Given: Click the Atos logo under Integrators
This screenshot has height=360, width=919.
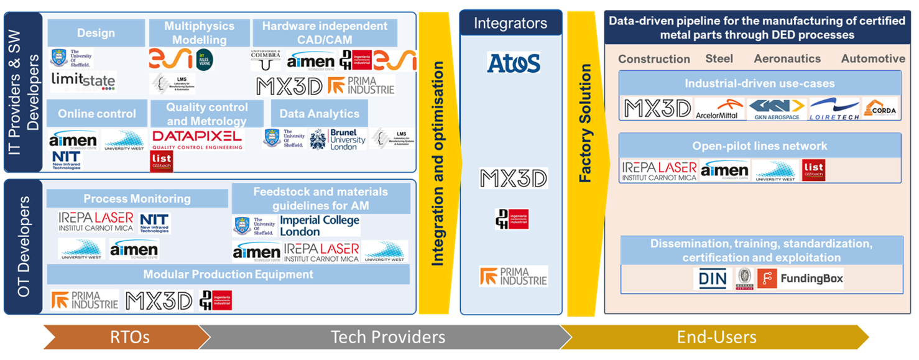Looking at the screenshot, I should [514, 63].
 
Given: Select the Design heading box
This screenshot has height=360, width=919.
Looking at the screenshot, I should [96, 33].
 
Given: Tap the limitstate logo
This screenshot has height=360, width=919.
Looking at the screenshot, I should [83, 80].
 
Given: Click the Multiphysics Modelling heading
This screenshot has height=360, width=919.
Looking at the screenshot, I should [199, 33].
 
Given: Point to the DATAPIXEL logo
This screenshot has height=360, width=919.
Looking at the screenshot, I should [198, 139].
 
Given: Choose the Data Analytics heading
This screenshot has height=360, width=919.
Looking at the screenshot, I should [319, 114].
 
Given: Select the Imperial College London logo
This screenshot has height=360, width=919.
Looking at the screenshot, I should [320, 226].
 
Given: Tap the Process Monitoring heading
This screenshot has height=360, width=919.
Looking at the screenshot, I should [137, 199].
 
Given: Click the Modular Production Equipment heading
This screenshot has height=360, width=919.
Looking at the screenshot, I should [228, 274].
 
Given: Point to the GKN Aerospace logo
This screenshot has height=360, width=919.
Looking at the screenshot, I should [777, 109].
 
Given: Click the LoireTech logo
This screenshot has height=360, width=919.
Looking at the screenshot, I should [834, 109].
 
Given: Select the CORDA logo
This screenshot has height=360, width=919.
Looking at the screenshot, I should [879, 109].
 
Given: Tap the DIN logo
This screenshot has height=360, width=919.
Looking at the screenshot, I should [713, 279].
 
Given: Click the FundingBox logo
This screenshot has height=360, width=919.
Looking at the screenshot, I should [802, 279].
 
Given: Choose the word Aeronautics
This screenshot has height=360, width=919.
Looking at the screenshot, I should [787, 59].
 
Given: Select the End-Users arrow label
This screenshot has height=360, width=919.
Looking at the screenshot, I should [717, 337].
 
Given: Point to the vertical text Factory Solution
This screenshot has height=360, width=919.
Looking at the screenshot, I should [585, 145].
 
